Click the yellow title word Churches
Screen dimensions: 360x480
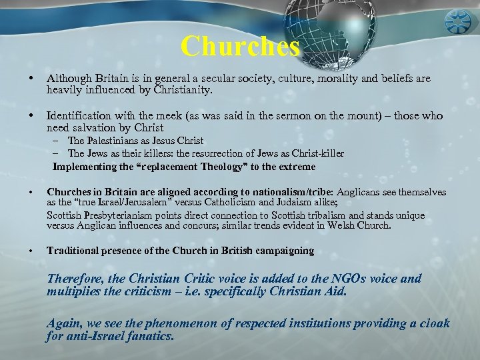click(240, 46)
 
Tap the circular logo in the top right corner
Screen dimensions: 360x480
click(460, 19)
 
